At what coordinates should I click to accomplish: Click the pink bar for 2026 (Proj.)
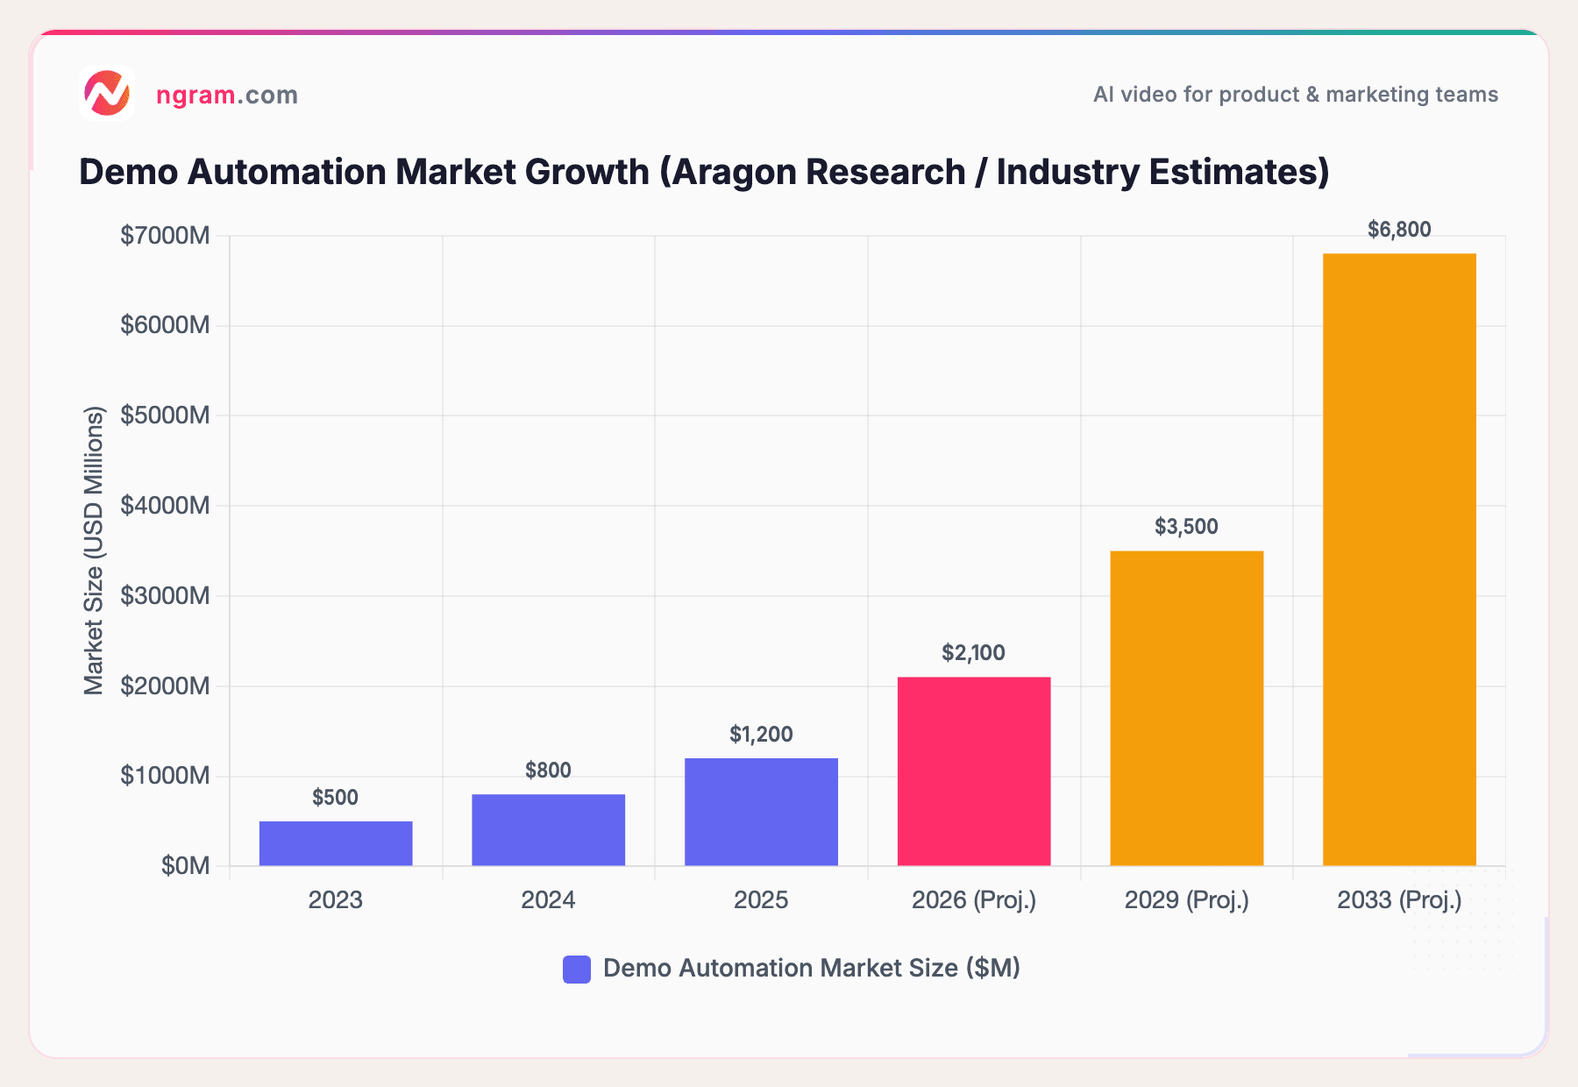(973, 771)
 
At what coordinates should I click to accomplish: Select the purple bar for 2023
(336, 843)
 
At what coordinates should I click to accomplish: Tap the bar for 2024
(548, 829)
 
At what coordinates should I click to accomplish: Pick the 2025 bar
(761, 812)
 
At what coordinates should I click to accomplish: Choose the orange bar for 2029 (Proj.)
(1186, 708)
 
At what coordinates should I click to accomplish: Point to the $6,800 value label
(1399, 230)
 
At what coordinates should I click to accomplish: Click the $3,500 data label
(1186, 527)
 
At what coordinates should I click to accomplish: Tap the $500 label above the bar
(336, 798)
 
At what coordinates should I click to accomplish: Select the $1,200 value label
(761, 735)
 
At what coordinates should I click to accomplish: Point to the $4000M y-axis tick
(165, 506)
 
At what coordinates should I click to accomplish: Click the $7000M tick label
(165, 236)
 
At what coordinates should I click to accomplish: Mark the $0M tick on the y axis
(185, 866)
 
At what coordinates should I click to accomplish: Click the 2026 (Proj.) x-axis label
(973, 900)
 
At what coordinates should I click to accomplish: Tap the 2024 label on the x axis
(548, 900)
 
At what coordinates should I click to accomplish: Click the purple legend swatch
(577, 969)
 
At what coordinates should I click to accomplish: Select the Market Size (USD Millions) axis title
(94, 551)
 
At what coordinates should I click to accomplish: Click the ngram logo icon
(107, 93)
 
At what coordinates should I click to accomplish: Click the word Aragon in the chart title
(727, 172)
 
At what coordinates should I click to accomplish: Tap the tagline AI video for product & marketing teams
(1295, 95)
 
